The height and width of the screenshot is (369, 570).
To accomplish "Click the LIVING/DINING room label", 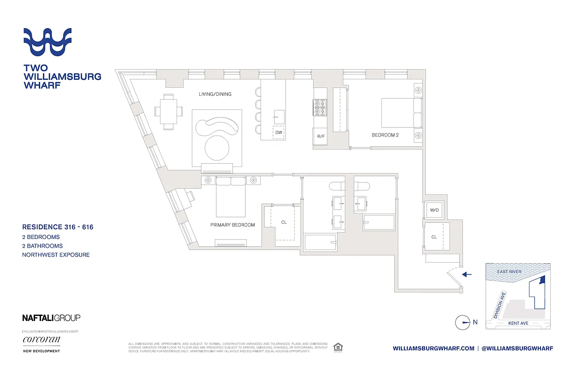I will (x=215, y=94).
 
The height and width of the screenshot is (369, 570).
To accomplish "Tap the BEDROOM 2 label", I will (x=385, y=135).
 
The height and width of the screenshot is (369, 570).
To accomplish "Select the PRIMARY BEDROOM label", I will (x=232, y=225).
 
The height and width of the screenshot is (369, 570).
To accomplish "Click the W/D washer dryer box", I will (x=434, y=210).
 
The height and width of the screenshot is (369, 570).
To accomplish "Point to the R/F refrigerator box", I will (x=321, y=136).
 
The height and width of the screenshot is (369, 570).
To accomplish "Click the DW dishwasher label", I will (x=279, y=132).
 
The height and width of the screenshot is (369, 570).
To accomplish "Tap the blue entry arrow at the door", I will (x=467, y=274).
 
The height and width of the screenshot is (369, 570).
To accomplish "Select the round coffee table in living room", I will (x=216, y=148).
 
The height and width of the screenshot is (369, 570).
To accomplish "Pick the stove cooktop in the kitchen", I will (x=320, y=108).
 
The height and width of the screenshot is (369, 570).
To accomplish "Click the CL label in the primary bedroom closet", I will (x=284, y=222).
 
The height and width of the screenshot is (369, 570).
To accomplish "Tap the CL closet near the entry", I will (x=434, y=237).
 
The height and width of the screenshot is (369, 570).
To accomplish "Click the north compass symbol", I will (x=463, y=322).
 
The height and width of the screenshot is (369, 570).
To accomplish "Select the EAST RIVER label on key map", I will (x=509, y=272).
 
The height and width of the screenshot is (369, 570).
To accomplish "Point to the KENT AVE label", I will (x=518, y=323).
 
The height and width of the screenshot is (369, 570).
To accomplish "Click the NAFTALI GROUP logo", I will (x=51, y=317).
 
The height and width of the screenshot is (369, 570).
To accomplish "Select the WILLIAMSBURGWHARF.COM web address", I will (x=433, y=349).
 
